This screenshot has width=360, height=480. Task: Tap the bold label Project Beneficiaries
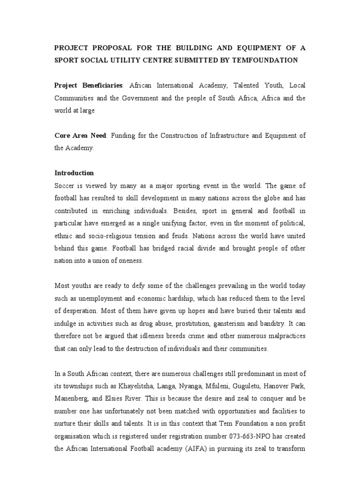point(89,85)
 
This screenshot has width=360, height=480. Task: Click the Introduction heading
point(74,173)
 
